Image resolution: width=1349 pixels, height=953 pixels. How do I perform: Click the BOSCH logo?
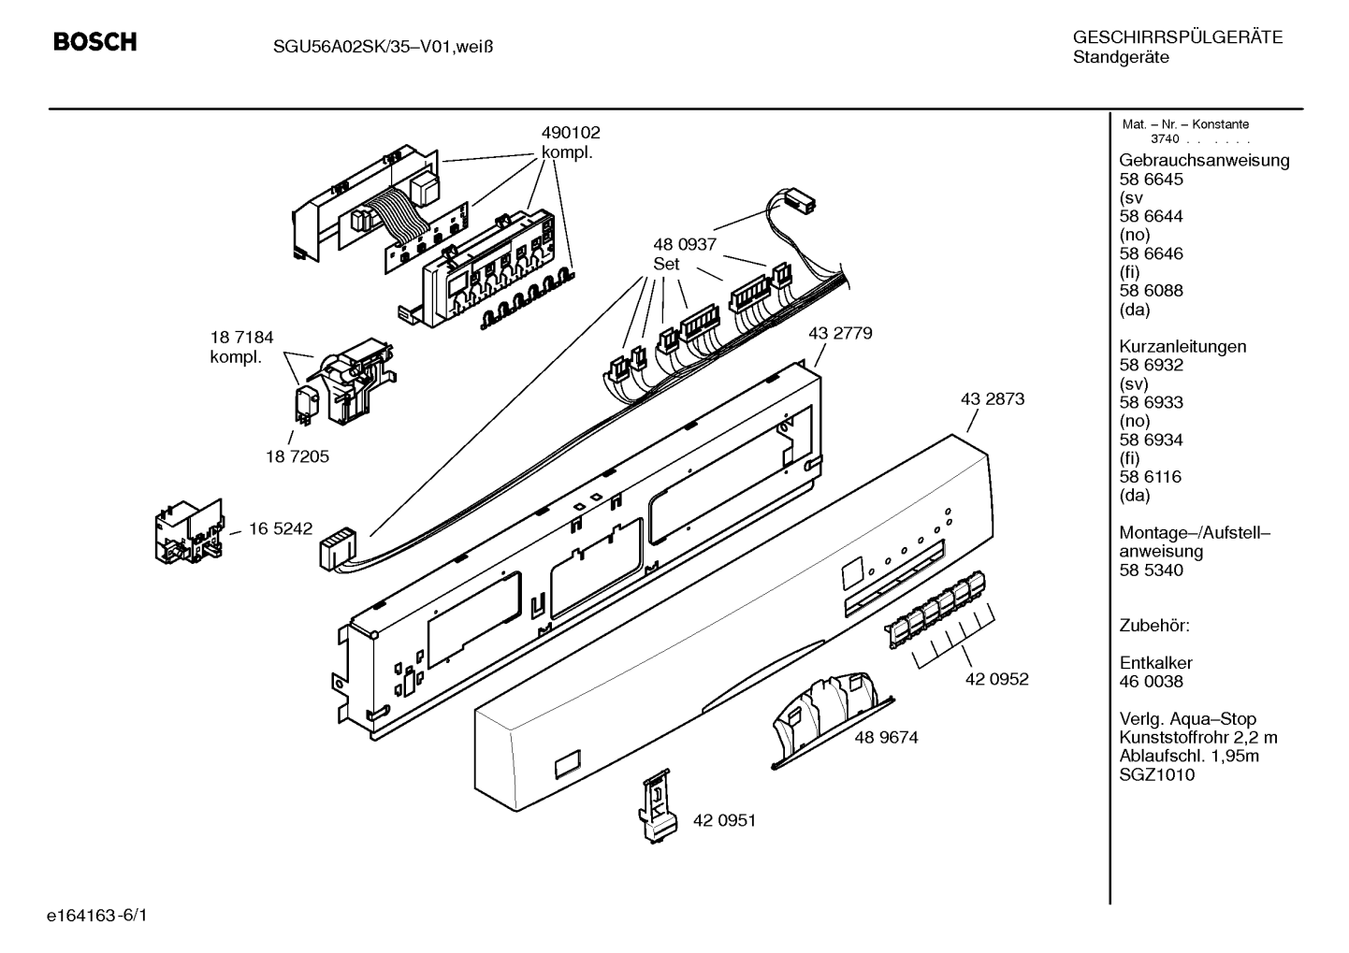pos(95,41)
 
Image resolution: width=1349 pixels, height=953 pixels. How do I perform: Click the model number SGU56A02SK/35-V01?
pos(361,47)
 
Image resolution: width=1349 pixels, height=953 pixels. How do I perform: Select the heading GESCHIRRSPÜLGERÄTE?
pos(1178,37)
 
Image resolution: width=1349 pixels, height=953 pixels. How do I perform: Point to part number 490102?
pos(571,133)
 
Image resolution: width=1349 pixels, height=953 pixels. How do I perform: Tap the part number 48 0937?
pos(685,244)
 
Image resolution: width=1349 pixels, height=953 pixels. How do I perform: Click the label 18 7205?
pos(297,456)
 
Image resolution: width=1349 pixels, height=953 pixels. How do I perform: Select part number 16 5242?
pos(281,528)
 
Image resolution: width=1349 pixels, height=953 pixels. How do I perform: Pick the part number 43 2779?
pos(840,333)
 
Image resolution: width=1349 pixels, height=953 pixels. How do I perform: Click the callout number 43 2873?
pos(993,398)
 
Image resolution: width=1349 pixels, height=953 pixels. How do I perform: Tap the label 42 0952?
pos(997,679)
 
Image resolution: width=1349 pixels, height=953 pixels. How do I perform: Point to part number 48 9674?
pos(887,738)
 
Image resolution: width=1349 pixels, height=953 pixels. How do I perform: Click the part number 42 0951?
pos(724,820)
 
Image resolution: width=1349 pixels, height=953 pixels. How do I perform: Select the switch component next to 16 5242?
pos(189,531)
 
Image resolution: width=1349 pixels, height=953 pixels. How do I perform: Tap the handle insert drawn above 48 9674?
pos(832,720)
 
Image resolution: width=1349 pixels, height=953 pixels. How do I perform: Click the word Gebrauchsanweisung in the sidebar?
pos(1204,161)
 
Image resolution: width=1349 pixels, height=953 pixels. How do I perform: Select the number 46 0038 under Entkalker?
pos(1151,682)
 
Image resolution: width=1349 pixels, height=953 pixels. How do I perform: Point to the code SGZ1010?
pos(1157,774)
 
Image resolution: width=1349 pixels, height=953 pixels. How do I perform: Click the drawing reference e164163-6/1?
pos(97,916)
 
